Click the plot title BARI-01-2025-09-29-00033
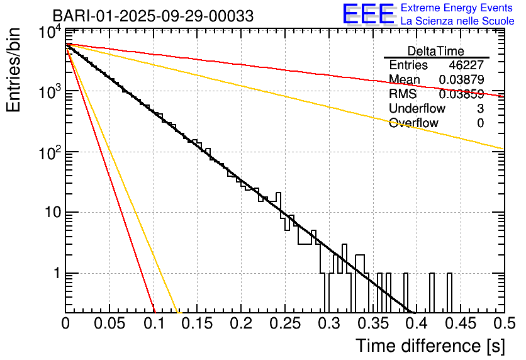pyautogui.click(x=153, y=16)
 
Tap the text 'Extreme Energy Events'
pyautogui.click(x=457, y=8)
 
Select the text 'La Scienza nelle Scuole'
pyautogui.click(x=457, y=21)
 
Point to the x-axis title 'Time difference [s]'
pyautogui.click(x=429, y=346)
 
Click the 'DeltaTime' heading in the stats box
pyautogui.click(x=436, y=51)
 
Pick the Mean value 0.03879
pyautogui.click(x=461, y=80)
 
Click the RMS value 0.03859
pyautogui.click(x=461, y=94)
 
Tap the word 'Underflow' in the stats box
pyautogui.click(x=417, y=109)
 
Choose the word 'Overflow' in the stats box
pyautogui.click(x=413, y=123)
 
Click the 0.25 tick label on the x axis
pyautogui.click(x=284, y=324)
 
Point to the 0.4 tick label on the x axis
pyautogui.click(x=416, y=324)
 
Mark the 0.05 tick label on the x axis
pyautogui.click(x=109, y=324)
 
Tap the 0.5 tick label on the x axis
pyautogui.click(x=503, y=324)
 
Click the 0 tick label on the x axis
pyautogui.click(x=66, y=324)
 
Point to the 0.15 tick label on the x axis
pyautogui.click(x=197, y=324)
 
